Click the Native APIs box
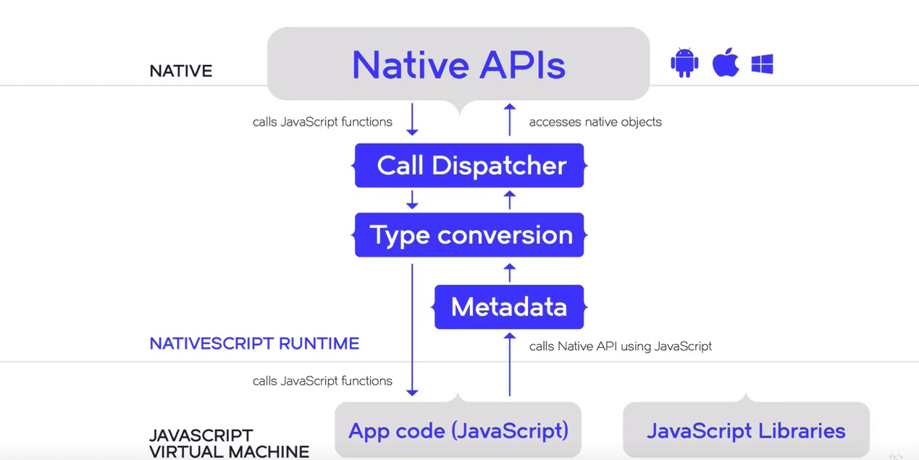pyautogui.click(x=458, y=64)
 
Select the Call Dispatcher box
pyautogui.click(x=469, y=166)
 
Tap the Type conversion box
pyautogui.click(x=469, y=235)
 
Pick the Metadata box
pyautogui.click(x=509, y=307)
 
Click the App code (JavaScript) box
pyautogui.click(x=458, y=430)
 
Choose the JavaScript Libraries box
pyautogui.click(x=746, y=430)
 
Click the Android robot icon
pyautogui.click(x=684, y=64)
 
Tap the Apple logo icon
pyautogui.click(x=725, y=63)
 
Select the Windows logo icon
pyautogui.click(x=762, y=64)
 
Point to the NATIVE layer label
pyautogui.click(x=180, y=71)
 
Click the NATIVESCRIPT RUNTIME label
pyautogui.click(x=254, y=344)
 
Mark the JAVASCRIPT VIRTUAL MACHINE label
pyautogui.click(x=229, y=443)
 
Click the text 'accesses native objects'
pyautogui.click(x=595, y=122)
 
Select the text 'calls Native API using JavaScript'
pyautogui.click(x=620, y=346)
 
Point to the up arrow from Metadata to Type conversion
pyautogui.click(x=510, y=273)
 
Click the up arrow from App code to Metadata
pyautogui.click(x=510, y=365)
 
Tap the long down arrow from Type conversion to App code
pyautogui.click(x=412, y=329)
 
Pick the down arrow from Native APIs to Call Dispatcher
pyautogui.click(x=412, y=119)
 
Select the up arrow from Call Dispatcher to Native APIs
pyautogui.click(x=510, y=119)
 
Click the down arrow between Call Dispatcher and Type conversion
pyautogui.click(x=412, y=200)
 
